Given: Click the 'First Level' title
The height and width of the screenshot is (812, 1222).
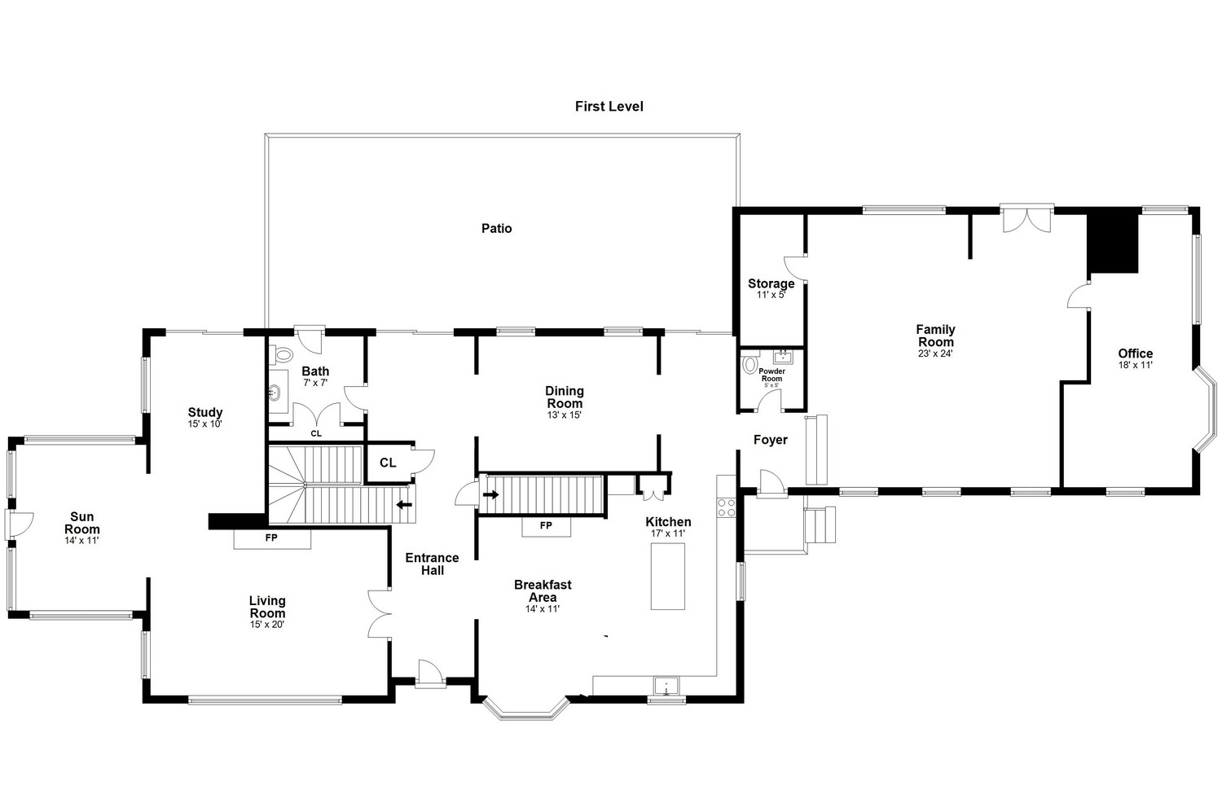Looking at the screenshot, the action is click(x=609, y=107).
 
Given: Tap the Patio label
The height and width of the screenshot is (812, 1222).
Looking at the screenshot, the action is click(x=496, y=229).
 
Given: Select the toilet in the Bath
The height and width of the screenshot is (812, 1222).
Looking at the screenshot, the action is click(x=282, y=354).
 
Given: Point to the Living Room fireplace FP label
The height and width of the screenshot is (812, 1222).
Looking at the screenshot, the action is click(x=271, y=538).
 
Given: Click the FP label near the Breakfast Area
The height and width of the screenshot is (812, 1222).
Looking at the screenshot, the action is click(x=546, y=525).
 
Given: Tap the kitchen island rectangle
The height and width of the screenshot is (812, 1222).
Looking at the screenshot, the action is click(x=668, y=577).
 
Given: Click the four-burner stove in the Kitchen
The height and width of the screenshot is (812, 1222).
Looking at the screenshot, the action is click(x=726, y=507).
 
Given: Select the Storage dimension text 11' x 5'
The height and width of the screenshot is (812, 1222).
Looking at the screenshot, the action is click(x=771, y=295).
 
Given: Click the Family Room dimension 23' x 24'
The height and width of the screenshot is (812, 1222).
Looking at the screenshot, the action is click(x=935, y=353).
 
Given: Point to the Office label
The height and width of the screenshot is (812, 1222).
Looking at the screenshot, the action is click(x=1136, y=353).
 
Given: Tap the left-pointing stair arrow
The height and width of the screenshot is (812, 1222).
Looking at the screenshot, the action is click(x=404, y=505).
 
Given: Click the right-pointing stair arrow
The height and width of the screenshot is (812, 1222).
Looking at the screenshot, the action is click(x=491, y=495).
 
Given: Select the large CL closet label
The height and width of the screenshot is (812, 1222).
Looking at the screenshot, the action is click(x=388, y=463).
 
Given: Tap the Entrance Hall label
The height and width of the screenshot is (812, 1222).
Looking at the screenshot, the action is click(x=432, y=564).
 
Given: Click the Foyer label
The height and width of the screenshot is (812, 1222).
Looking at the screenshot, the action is click(x=771, y=440).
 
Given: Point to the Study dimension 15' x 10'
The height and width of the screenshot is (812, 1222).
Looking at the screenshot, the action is click(x=205, y=424).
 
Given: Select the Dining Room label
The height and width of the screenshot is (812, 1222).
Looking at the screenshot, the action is click(x=565, y=397).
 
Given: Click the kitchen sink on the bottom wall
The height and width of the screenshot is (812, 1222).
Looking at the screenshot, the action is click(x=666, y=687).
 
